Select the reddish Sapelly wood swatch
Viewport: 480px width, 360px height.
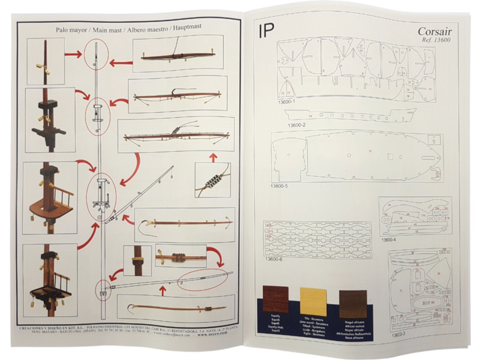point(275,298)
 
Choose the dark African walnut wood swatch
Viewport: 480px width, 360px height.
point(352,303)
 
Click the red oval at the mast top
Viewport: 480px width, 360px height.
point(96,55)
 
